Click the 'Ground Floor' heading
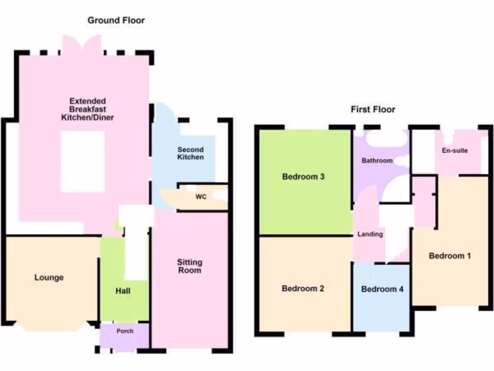click(116, 20)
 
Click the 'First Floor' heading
click(372, 110)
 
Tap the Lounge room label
click(49, 278)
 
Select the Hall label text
click(123, 291)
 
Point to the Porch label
click(124, 331)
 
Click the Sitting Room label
click(190, 266)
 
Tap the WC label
click(201, 197)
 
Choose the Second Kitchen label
click(190, 154)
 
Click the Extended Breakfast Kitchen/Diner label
click(87, 109)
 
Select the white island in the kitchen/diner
click(82, 161)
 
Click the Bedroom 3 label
click(303, 177)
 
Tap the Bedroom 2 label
click(302, 288)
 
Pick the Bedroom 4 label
click(382, 289)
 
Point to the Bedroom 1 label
click(450, 256)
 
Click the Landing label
click(370, 234)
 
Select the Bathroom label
click(377, 160)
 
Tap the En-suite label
click(454, 150)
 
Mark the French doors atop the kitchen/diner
click(82, 46)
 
